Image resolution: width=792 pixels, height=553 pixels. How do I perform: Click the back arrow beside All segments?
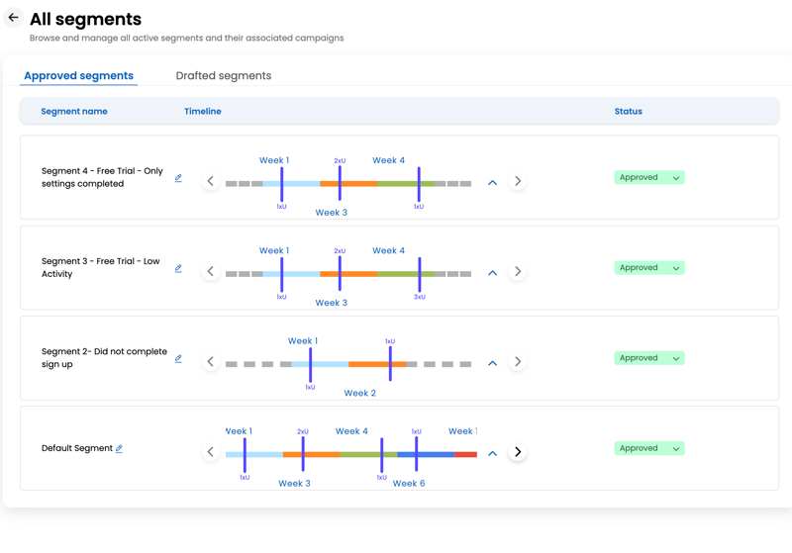[x=14, y=18]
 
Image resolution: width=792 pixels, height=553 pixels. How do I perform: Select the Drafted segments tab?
[x=223, y=76]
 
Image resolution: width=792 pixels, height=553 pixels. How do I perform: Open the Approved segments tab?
[x=78, y=76]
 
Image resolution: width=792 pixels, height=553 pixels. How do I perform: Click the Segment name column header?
[x=74, y=112]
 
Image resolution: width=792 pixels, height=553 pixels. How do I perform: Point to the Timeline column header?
[x=202, y=112]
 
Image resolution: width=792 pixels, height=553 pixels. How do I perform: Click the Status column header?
[x=628, y=112]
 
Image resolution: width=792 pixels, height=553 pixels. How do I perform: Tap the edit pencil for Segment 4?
[x=178, y=179]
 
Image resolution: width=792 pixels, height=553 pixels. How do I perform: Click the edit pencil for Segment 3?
[x=178, y=269]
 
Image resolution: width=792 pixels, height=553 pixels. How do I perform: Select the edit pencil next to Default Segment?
[x=119, y=449]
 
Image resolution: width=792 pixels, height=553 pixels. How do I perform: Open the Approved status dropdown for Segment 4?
[x=648, y=178]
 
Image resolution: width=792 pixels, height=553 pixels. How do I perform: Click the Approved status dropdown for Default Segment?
[x=648, y=448]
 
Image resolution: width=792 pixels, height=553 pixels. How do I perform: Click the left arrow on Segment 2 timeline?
[x=210, y=362]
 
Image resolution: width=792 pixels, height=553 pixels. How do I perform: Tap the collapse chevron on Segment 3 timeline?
[x=492, y=272]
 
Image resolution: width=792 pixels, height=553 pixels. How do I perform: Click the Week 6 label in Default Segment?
[x=408, y=484]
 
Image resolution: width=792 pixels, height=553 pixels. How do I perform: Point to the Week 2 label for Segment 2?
[x=359, y=394]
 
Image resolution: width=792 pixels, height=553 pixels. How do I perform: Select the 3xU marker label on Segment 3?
[x=419, y=297]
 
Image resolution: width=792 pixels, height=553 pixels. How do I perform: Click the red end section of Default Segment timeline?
[x=465, y=455]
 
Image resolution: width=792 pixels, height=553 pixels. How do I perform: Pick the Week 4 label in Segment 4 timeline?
[x=388, y=160]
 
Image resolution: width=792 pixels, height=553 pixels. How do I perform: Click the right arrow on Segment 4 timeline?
[x=518, y=182]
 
